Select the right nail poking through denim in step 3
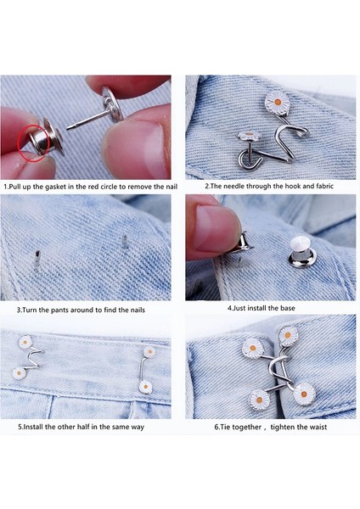click(124, 247)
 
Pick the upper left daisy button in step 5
click(25, 342)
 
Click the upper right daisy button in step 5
click(149, 350)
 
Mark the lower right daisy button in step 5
click(145, 387)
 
